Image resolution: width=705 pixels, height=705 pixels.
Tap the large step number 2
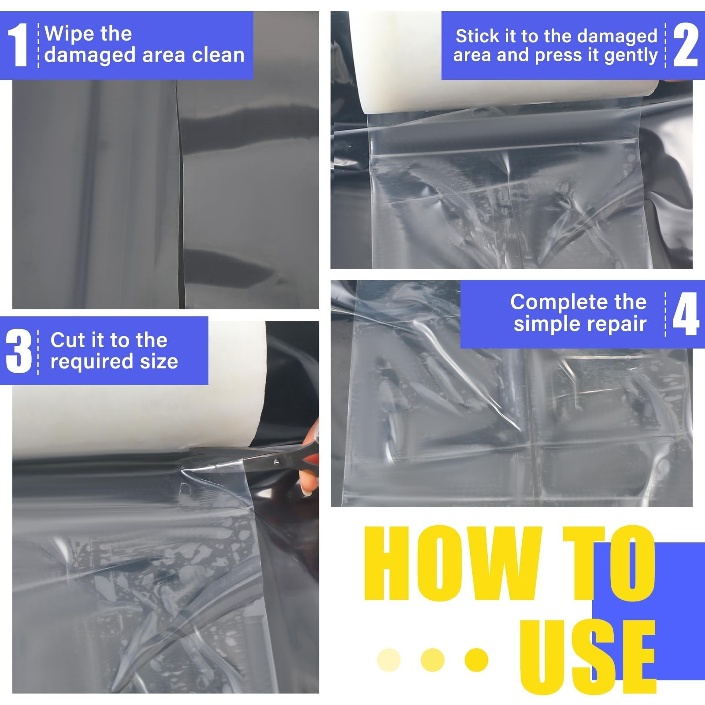pyautogui.click(x=686, y=45)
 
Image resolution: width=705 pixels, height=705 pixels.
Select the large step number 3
pyautogui.click(x=19, y=352)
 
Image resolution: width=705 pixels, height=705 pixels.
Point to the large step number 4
pyautogui.click(x=686, y=314)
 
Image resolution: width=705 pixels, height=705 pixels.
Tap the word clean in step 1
pyautogui.click(x=219, y=56)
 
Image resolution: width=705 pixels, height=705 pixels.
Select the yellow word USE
pyautogui.click(x=588, y=657)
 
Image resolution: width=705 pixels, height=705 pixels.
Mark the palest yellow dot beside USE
pyautogui.click(x=389, y=660)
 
